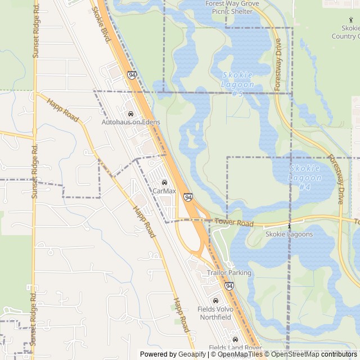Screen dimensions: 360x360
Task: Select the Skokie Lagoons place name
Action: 289,235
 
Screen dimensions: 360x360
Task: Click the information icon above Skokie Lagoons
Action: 289,226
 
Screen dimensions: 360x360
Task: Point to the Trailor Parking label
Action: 229,273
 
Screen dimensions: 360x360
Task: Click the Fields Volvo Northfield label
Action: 214,313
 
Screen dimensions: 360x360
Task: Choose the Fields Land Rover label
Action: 235,348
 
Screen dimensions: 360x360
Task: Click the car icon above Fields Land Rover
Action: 235,339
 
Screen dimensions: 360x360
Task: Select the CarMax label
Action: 164,191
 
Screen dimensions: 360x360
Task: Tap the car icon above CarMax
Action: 164,182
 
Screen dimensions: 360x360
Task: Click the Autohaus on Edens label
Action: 130,122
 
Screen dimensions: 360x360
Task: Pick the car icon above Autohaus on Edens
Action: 130,113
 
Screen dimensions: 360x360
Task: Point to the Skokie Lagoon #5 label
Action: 238,84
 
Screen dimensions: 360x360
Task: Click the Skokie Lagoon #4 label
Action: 305,177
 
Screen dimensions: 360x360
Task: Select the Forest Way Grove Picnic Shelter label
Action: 232,7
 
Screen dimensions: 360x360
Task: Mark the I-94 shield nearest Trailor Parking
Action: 229,286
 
